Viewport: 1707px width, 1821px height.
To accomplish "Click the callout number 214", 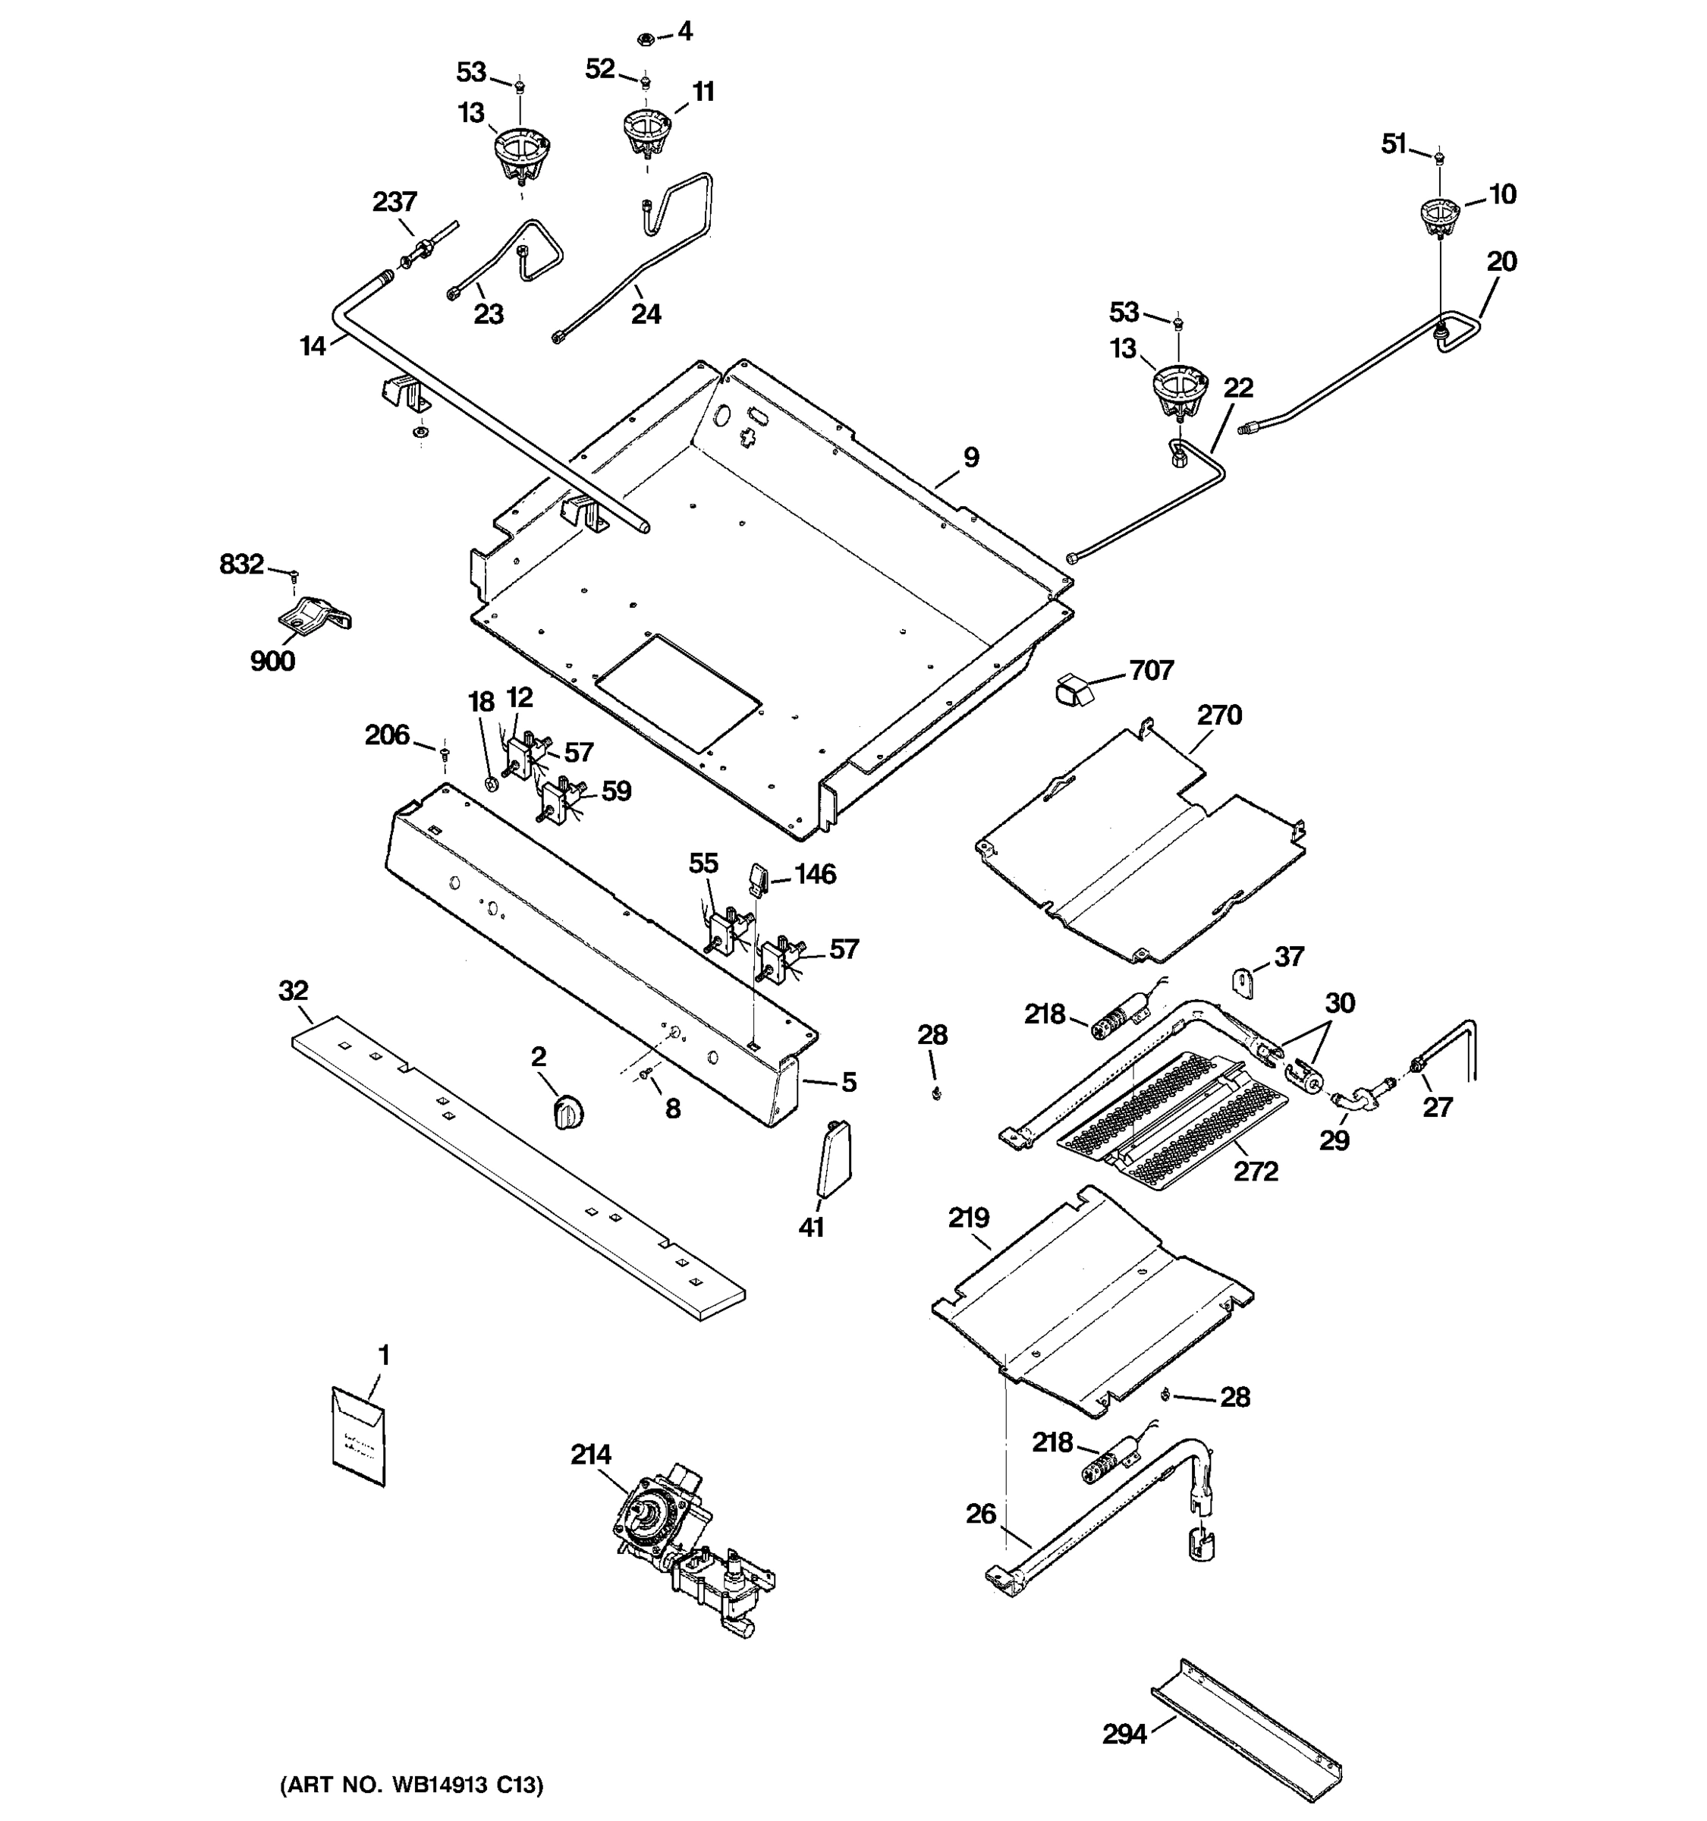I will click(x=591, y=1454).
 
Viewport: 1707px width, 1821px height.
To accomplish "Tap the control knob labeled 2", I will click(x=570, y=1112).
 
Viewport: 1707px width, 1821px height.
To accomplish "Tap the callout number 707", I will click(x=1151, y=671).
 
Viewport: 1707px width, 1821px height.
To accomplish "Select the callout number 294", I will click(x=1124, y=1734).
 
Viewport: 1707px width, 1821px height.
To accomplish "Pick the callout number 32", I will click(x=293, y=990).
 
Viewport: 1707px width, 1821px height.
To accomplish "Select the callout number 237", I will click(x=395, y=202).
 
